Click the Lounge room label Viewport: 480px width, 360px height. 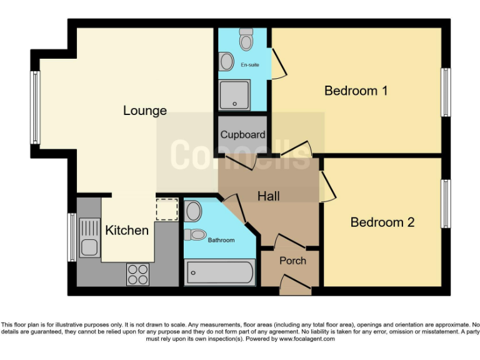(144, 111)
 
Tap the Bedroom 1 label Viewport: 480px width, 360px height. (356, 91)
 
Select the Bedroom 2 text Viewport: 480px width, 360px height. (382, 222)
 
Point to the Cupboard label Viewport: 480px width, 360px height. (242, 134)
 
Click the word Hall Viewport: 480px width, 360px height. (269, 196)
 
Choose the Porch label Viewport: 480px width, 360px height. (292, 261)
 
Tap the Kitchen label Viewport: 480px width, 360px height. (127, 230)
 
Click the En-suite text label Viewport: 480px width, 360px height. (250, 65)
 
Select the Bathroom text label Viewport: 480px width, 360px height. (221, 240)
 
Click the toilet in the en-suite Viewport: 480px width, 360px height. (246, 39)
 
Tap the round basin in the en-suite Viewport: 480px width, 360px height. (226, 61)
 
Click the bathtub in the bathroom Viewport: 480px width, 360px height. (219, 273)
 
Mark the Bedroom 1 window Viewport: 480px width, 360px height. (446, 92)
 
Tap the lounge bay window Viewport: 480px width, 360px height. (36, 107)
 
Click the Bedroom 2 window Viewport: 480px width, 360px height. (446, 203)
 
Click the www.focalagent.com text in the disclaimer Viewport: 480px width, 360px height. (307, 339)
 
